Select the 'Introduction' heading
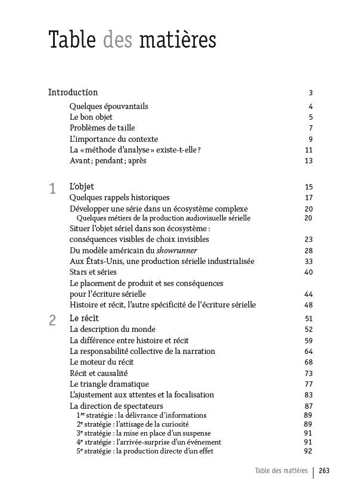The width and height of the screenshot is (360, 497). (x=73, y=92)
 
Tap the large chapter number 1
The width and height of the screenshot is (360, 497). (x=52, y=189)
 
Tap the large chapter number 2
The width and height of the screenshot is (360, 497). (x=52, y=321)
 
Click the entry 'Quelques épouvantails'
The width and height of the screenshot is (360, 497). (x=108, y=107)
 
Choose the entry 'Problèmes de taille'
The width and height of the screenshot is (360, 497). (x=102, y=128)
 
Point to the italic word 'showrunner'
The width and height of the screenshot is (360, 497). (x=177, y=251)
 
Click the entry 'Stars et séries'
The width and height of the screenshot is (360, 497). (x=93, y=272)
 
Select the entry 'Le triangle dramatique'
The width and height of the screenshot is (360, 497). (x=109, y=384)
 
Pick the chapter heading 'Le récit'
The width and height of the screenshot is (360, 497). (x=84, y=318)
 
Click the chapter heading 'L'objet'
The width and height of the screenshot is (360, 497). (x=82, y=187)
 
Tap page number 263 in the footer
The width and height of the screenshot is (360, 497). (x=324, y=471)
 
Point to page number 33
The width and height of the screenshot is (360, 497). (x=308, y=262)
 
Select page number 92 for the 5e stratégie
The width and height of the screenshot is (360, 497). (x=308, y=451)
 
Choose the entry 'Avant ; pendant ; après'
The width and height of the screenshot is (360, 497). (x=108, y=161)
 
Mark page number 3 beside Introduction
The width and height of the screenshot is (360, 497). (x=311, y=93)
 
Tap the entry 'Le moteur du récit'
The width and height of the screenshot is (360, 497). (x=101, y=362)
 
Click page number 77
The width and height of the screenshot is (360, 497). (x=308, y=384)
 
